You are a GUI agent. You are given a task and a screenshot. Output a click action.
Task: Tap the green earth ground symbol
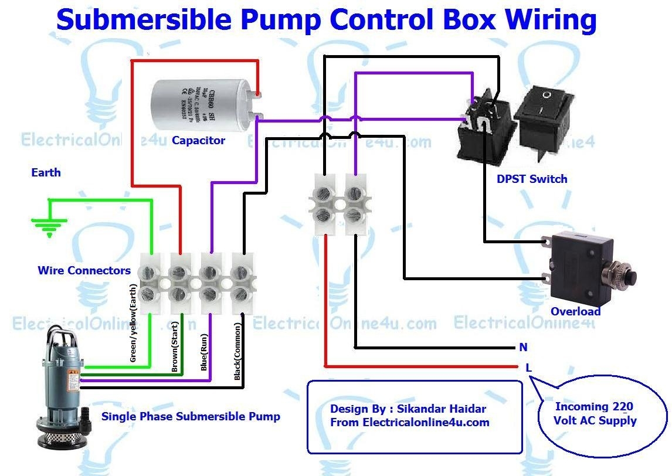[x=49, y=226]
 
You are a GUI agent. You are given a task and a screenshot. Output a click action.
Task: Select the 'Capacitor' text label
[x=198, y=141]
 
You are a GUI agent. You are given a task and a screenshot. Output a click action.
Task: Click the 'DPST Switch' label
[x=532, y=179]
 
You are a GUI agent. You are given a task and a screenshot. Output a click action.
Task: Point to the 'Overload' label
[x=575, y=311]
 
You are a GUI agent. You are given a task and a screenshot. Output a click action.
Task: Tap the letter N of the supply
[x=523, y=347]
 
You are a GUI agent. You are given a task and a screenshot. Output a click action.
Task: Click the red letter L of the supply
[x=528, y=368]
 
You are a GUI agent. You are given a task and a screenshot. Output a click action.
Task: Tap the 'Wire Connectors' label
[x=84, y=271]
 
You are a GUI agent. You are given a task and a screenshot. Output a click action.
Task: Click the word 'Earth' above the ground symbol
[x=46, y=173]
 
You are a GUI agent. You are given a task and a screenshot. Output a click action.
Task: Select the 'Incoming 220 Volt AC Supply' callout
[x=594, y=414]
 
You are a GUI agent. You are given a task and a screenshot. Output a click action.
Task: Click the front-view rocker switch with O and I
[x=545, y=116]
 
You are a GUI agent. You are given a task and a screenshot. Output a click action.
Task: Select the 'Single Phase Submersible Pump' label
[x=191, y=417]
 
